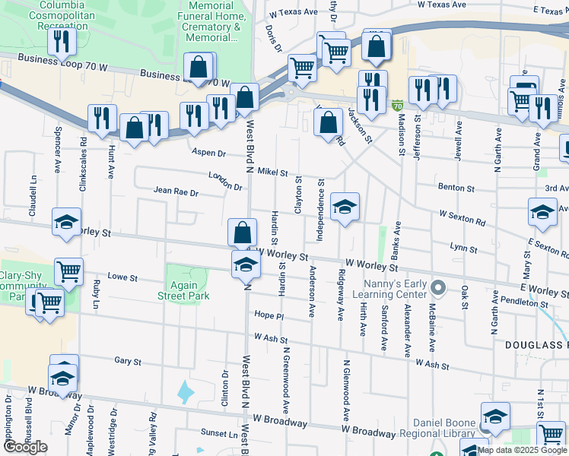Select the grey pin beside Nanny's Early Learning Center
tap(437, 288)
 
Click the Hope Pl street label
tap(269, 315)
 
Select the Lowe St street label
tap(122, 277)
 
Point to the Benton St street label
tap(456, 188)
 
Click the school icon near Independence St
tap(345, 206)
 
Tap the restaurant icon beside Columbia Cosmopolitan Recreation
tap(62, 39)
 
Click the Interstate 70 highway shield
tap(396, 106)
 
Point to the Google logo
tap(26, 447)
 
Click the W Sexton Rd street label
tap(462, 217)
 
